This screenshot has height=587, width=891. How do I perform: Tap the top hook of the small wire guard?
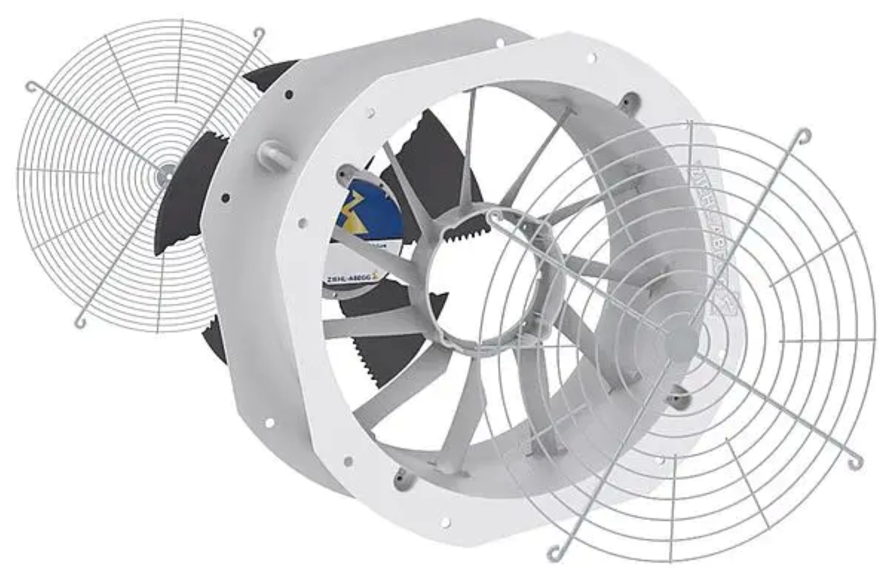[258, 33]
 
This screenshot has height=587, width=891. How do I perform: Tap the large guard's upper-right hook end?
[802, 135]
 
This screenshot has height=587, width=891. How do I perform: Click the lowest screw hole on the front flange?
[446, 522]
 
